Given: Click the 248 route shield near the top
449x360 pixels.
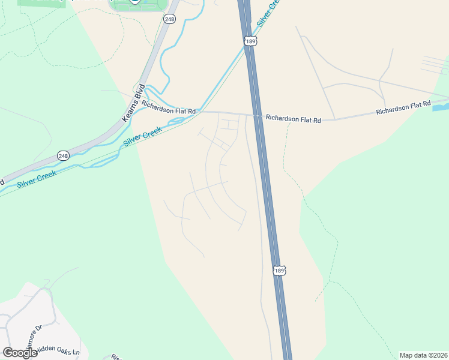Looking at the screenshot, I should [x=169, y=19].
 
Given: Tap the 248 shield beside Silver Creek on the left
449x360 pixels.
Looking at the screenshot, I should [x=63, y=155].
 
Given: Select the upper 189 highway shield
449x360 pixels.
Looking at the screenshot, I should [x=250, y=40].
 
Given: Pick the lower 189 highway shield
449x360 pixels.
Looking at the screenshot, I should [x=279, y=270].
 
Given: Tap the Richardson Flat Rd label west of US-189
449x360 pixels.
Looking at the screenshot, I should [x=169, y=111].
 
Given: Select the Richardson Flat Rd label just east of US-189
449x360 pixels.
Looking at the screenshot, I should [x=294, y=119].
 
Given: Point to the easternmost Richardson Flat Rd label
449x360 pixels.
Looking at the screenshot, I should [x=403, y=108].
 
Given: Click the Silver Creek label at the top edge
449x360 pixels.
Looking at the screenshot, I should [x=268, y=13].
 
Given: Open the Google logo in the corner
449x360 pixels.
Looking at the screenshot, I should [x=19, y=352].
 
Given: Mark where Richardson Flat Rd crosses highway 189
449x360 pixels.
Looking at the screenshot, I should [x=258, y=115].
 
